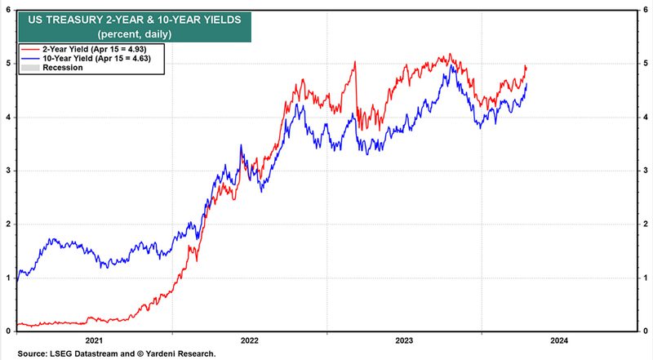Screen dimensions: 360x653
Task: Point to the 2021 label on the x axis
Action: coord(94,340)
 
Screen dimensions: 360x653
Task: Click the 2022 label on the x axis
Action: coord(249,340)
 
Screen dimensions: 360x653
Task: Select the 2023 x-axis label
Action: coord(404,340)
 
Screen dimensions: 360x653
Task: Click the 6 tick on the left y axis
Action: coord(7,9)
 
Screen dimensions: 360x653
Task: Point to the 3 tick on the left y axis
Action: coord(7,171)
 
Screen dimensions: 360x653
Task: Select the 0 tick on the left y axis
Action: coord(7,331)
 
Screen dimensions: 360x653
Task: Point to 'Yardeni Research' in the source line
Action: coord(181,353)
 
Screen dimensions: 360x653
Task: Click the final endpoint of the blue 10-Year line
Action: coord(526,83)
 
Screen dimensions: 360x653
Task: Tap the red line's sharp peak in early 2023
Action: coord(355,61)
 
